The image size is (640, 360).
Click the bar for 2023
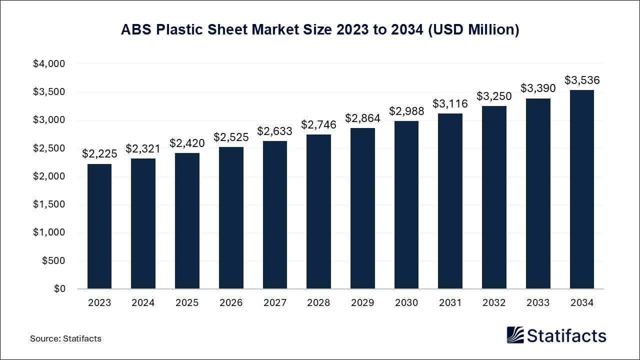click(99, 226)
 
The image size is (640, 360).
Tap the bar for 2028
click(318, 211)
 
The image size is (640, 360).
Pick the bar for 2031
click(450, 201)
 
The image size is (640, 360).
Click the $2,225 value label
click(99, 154)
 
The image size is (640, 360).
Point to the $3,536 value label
click(582, 80)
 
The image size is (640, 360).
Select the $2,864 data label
click(362, 118)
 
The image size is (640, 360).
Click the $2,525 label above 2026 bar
click(231, 137)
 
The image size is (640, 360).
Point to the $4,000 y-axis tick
click(49, 64)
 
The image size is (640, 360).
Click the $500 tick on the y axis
click(53, 260)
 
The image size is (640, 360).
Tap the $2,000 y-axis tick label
click(49, 176)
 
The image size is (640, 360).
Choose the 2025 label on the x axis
click(187, 303)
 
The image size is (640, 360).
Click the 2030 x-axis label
click(406, 303)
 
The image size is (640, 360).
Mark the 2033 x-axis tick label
click(538, 303)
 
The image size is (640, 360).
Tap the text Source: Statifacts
click(65, 338)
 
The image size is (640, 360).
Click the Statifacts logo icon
click(515, 335)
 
